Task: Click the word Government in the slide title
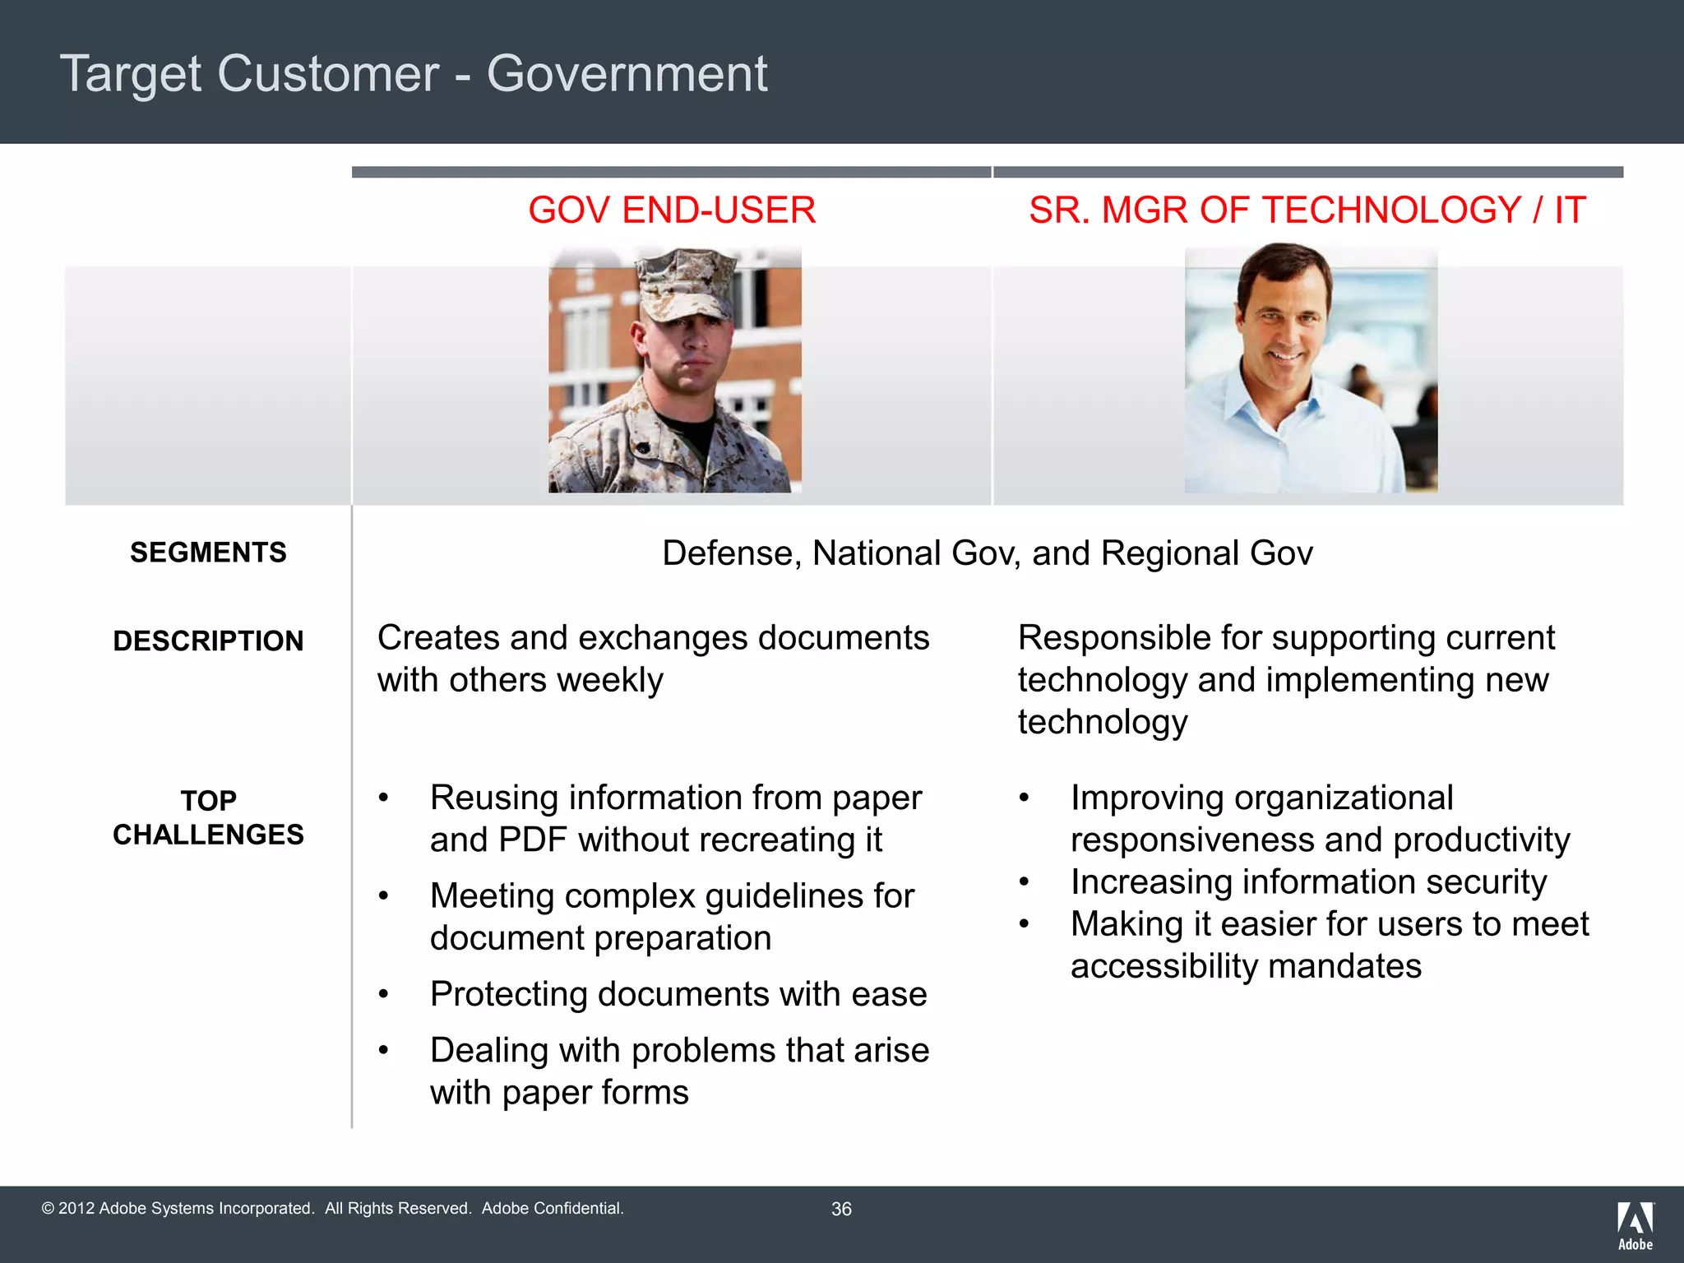[x=627, y=74]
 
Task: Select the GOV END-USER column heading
[x=672, y=210]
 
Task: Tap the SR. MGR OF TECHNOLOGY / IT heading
[x=1307, y=210]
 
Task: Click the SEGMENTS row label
[x=208, y=553]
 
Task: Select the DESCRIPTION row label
[x=208, y=641]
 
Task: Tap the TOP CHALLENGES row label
[x=208, y=817]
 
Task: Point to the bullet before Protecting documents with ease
[x=383, y=995]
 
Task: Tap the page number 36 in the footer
[x=841, y=1210]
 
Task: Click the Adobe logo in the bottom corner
[x=1635, y=1225]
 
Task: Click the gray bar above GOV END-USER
[x=671, y=172]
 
